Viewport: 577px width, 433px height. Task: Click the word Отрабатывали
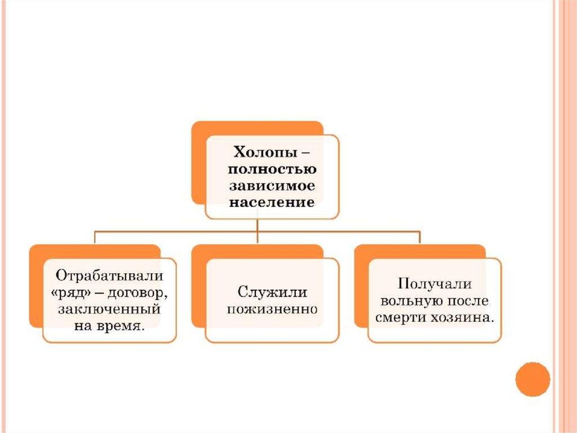[109, 276]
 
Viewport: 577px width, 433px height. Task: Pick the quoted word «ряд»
[72, 292]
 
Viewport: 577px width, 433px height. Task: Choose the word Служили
[271, 292]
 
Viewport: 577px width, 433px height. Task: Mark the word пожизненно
[271, 309]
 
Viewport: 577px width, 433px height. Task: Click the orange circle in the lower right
[533, 379]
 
